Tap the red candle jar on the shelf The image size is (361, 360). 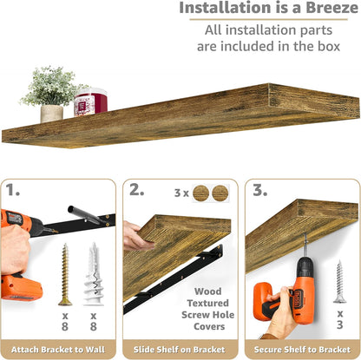coord(90,101)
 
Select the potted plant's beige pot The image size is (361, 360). coord(52,114)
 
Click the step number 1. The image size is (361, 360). coord(13,190)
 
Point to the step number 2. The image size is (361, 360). coord(136,190)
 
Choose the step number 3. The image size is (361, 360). coord(260,190)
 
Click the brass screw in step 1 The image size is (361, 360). coord(65,274)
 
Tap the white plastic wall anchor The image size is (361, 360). coord(94,274)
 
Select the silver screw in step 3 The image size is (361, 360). coord(339,281)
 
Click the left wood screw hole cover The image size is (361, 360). coord(200,193)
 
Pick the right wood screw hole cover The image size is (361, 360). coord(220,193)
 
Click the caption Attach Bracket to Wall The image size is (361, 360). coord(58,350)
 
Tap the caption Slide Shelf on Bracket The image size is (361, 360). coord(180,350)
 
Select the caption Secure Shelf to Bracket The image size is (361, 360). coord(302,350)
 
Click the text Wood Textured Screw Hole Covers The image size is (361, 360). coord(207,309)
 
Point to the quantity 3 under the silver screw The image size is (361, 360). coord(340,324)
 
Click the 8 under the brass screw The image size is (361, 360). coord(65,326)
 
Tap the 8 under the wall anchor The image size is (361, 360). coord(93,326)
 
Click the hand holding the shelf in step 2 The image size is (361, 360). coord(136,237)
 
